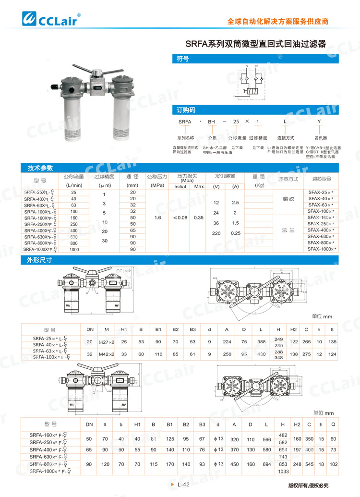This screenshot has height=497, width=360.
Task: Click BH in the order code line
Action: [211, 122]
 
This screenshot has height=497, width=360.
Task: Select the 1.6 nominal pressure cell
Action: [157, 218]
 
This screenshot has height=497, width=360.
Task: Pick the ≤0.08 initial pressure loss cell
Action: [180, 218]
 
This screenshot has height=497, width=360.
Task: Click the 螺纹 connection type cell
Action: [288, 198]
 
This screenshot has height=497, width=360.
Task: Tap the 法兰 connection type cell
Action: [288, 230]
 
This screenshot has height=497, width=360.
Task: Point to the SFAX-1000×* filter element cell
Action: [322, 249]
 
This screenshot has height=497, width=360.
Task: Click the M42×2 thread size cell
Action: [107, 354]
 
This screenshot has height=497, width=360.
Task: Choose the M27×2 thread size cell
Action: [107, 341]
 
